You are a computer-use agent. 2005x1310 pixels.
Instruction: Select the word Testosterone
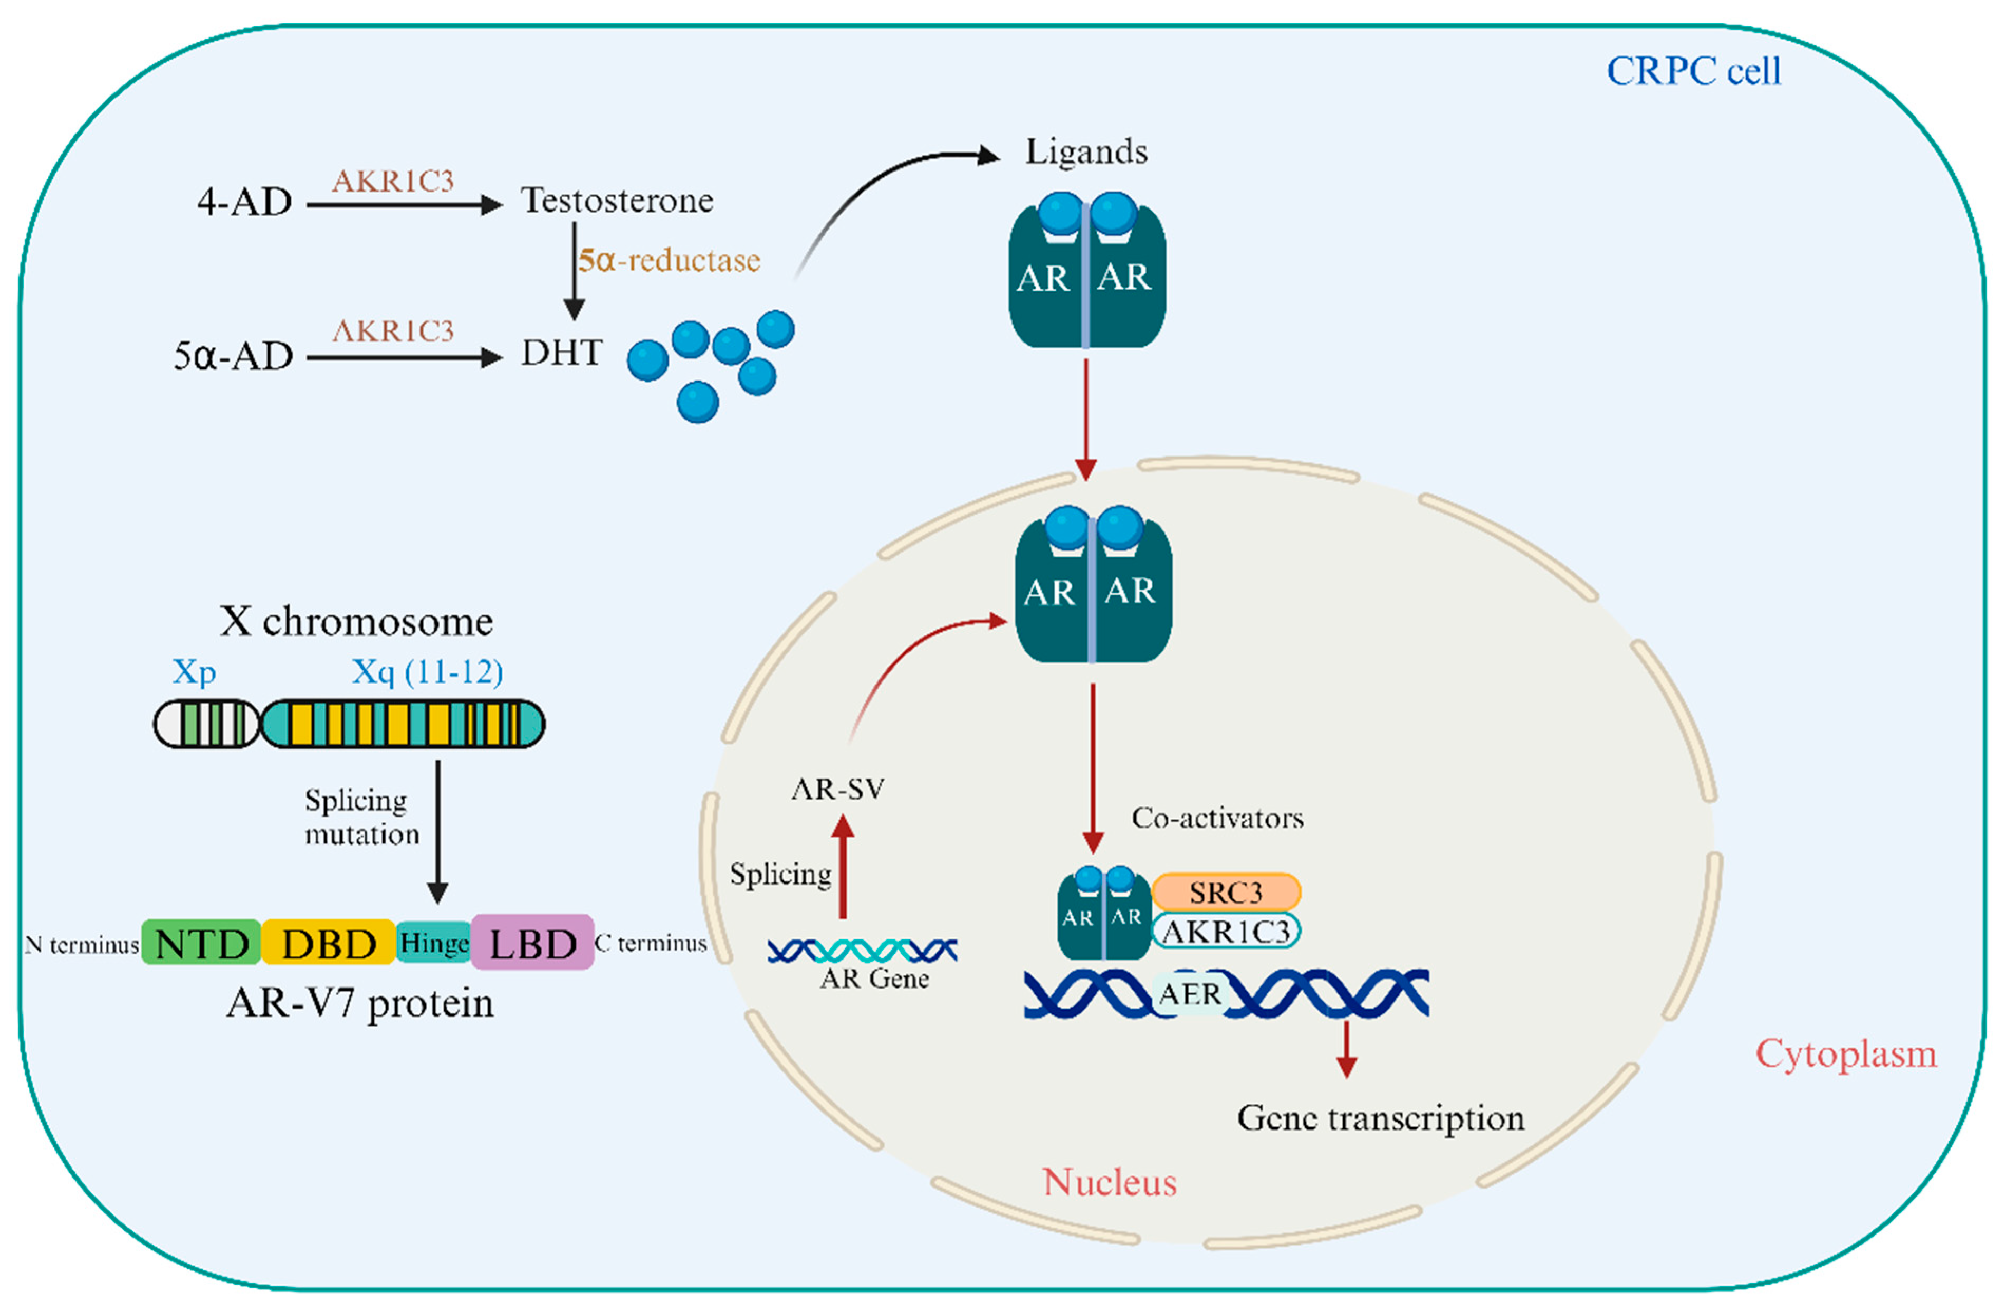pos(617,201)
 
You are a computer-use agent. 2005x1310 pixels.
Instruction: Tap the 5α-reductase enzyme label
pos(669,260)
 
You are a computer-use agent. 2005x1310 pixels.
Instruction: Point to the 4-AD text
pos(244,202)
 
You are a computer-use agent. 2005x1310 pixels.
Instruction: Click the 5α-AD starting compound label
pos(233,356)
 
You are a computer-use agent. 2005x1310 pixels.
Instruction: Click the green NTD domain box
pos(202,943)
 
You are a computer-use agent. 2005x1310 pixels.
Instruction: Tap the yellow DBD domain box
pos(329,943)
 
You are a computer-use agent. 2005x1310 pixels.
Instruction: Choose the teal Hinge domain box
pos(434,943)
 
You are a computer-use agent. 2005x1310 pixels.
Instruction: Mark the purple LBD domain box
pos(532,943)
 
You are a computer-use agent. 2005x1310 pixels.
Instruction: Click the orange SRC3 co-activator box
pos(1226,892)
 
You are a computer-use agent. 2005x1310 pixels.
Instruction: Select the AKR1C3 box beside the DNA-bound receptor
pos(1226,931)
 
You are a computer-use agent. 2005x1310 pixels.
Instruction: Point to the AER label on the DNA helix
pos(1189,994)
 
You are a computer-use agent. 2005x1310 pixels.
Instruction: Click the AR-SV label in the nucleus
pos(838,790)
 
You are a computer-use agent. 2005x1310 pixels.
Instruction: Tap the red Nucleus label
pos(1110,1183)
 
